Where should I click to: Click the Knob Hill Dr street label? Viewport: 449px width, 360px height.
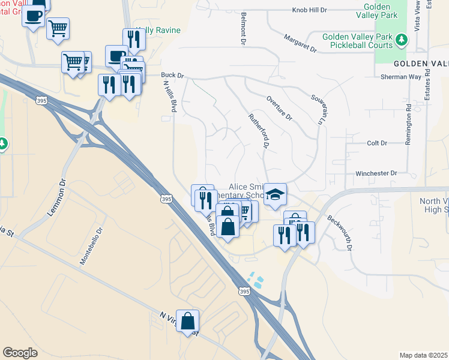309,10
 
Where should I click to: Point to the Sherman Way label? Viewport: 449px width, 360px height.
401,77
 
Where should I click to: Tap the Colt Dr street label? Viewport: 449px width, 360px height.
377,143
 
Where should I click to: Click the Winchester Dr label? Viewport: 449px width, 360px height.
376,173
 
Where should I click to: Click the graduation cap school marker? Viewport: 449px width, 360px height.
275,194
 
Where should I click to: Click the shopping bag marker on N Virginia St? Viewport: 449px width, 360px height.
188,321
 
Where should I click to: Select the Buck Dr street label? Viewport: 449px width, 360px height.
172,76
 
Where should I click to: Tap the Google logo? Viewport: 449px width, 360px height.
20,352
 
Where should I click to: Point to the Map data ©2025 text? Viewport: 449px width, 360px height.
423,355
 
